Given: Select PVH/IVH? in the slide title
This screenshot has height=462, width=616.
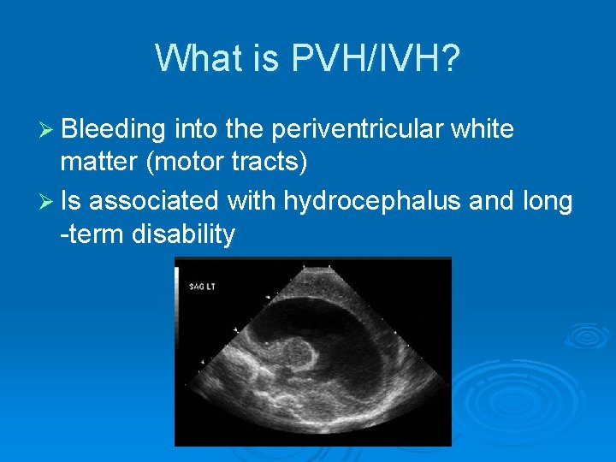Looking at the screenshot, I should click(x=377, y=58).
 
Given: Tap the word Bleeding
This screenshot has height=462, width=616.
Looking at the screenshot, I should click(x=113, y=130).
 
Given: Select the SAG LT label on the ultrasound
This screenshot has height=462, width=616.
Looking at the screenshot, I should click(x=202, y=286).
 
